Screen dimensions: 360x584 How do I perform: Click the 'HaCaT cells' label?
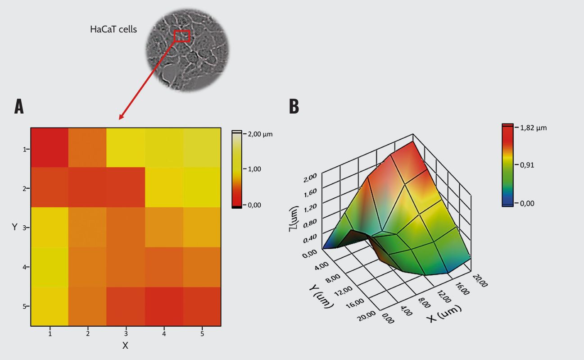click(x=113, y=30)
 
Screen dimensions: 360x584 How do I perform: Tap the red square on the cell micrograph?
click(x=182, y=36)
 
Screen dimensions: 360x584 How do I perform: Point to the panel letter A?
click(x=19, y=107)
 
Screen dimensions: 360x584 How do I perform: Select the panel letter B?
click(x=294, y=107)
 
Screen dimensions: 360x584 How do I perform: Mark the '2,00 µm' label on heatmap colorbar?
click(x=260, y=134)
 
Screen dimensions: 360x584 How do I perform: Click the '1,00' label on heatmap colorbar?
click(x=254, y=169)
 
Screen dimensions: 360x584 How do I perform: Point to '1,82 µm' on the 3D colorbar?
click(x=533, y=128)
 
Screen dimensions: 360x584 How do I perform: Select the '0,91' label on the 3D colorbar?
click(x=527, y=165)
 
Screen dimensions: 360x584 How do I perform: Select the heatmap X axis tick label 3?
click(x=126, y=334)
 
